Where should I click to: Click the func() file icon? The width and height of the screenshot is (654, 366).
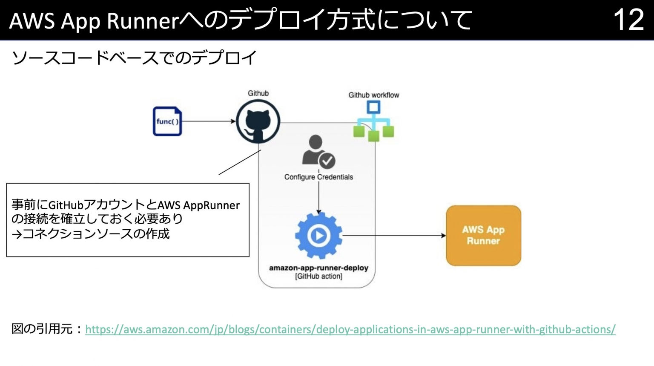click(x=167, y=121)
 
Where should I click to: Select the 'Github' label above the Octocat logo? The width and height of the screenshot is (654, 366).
click(x=258, y=93)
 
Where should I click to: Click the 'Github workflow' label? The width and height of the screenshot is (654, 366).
click(x=373, y=95)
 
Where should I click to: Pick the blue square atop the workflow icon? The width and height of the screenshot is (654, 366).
click(x=373, y=107)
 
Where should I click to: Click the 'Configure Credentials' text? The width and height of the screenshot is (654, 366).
click(x=318, y=177)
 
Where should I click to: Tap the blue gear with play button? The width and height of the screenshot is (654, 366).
click(x=318, y=236)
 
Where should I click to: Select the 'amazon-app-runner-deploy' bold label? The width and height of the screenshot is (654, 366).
click(x=318, y=268)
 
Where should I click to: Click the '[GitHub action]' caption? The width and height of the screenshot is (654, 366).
click(x=318, y=277)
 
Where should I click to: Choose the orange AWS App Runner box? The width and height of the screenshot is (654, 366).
click(x=483, y=236)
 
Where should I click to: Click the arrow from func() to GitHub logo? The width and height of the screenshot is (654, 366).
click(x=209, y=121)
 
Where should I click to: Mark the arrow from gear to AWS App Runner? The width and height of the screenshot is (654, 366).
click(x=394, y=236)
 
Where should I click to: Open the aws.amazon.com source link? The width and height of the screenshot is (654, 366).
click(x=350, y=329)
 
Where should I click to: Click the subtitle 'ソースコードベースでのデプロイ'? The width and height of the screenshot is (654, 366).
click(x=135, y=58)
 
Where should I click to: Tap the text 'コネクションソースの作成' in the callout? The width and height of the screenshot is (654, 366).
click(x=96, y=234)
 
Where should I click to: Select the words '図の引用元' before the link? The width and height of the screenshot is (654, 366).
click(x=42, y=329)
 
